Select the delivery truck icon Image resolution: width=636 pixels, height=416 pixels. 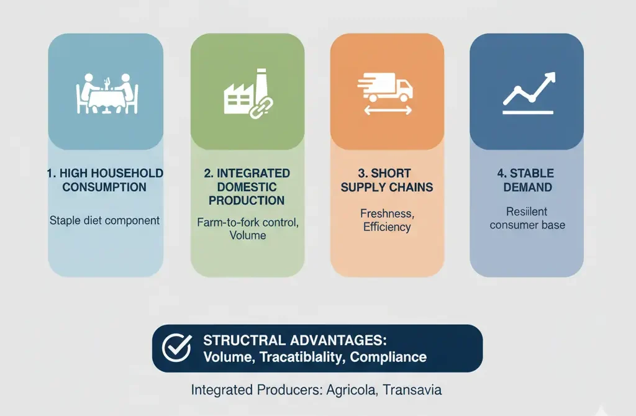pyautogui.click(x=386, y=89)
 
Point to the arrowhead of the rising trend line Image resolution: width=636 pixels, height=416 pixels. pyautogui.click(x=548, y=78)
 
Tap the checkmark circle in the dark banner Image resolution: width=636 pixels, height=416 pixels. pyautogui.click(x=176, y=348)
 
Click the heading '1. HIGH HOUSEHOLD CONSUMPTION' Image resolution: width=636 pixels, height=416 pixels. pyautogui.click(x=105, y=180)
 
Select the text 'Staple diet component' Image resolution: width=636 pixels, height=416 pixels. pyautogui.click(x=105, y=220)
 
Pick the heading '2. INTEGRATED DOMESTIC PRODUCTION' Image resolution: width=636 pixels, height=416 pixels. pyautogui.click(x=247, y=187)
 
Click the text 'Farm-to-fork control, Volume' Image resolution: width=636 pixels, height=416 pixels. pyautogui.click(x=247, y=228)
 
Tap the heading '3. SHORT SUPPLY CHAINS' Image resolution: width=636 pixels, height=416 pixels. pyautogui.click(x=387, y=180)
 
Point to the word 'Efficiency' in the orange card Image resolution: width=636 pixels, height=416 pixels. pyautogui.click(x=387, y=227)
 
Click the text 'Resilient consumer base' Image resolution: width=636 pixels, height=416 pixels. pyautogui.click(x=527, y=218)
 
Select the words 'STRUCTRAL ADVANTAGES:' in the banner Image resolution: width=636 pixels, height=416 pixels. pyautogui.click(x=295, y=340)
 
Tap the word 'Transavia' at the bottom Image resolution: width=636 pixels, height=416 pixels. pyautogui.click(x=412, y=390)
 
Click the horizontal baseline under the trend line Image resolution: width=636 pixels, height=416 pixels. pyautogui.click(x=528, y=112)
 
